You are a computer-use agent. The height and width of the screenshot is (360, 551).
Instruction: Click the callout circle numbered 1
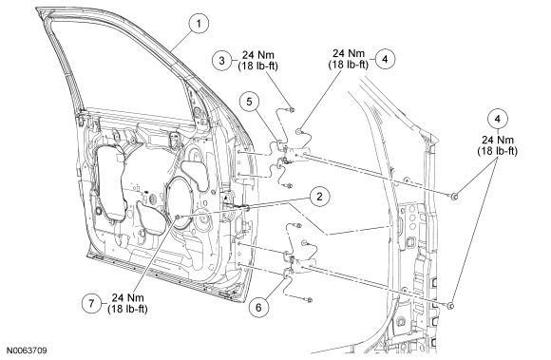point(199,24)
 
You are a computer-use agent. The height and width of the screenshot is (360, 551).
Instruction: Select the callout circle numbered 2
point(319,197)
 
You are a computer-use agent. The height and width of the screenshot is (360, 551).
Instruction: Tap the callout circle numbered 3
point(221,61)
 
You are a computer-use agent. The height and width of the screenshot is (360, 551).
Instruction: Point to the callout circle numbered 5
point(249,102)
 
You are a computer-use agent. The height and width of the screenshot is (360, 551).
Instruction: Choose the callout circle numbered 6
point(258,308)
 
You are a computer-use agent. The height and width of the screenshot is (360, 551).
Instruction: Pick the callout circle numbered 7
point(91,303)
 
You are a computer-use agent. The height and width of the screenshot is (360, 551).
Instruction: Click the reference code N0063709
point(27,351)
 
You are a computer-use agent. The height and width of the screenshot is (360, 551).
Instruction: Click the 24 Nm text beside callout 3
point(258,55)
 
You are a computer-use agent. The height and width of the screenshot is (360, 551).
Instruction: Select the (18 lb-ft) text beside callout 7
point(127,309)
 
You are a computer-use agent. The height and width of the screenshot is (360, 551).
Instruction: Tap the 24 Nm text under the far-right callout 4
point(497,140)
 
